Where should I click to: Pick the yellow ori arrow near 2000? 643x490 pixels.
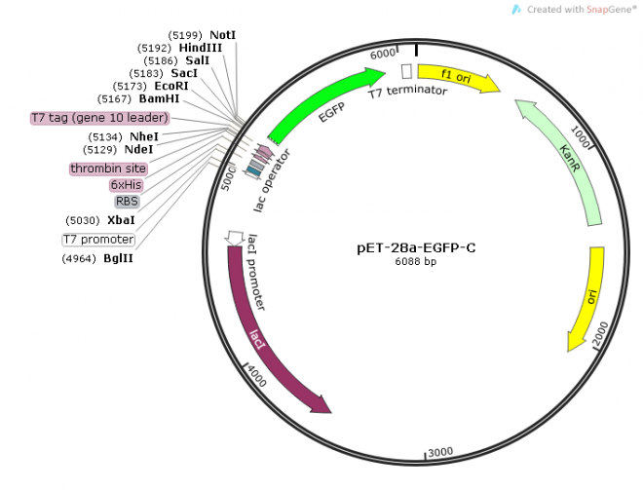click(588, 297)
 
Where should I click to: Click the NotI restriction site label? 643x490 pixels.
click(222, 34)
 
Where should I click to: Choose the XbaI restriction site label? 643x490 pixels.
click(122, 220)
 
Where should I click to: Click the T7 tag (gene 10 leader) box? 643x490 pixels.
click(100, 118)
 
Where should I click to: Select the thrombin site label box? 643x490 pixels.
click(108, 169)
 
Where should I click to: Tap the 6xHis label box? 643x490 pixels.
click(126, 184)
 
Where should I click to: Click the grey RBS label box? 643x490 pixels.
click(127, 202)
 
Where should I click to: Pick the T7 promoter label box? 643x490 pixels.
click(98, 240)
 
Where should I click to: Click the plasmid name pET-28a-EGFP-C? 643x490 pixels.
click(416, 247)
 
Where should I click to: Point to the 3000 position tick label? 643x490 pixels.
click(440, 451)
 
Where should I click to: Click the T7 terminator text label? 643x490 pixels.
click(407, 91)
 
